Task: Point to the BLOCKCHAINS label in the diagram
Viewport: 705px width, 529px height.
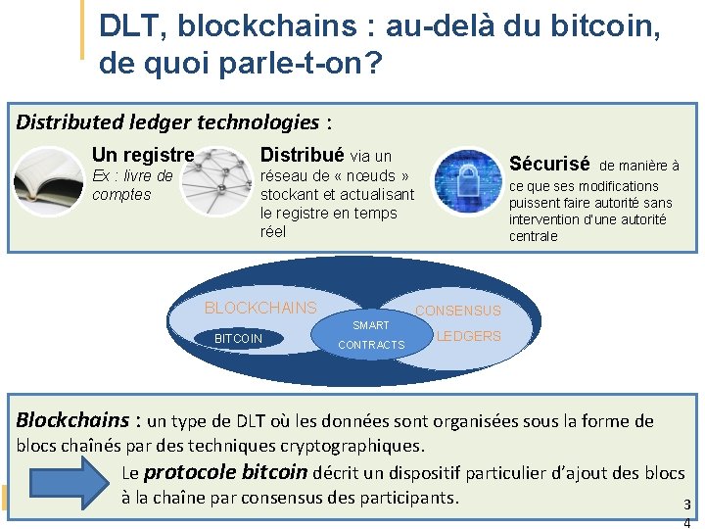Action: click(x=260, y=308)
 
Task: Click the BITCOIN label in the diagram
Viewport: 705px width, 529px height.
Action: click(x=238, y=339)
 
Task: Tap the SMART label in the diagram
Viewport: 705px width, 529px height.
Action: click(x=371, y=325)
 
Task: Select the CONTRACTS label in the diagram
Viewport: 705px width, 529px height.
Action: click(x=371, y=345)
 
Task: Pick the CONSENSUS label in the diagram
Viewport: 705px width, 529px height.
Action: click(x=458, y=312)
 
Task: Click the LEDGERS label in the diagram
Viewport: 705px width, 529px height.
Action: click(x=468, y=336)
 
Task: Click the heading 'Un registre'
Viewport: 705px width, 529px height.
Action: click(x=143, y=155)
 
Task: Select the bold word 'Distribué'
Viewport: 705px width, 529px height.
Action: click(x=302, y=155)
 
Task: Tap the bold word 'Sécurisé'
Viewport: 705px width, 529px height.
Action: click(x=549, y=164)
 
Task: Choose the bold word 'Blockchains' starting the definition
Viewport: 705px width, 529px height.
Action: click(x=72, y=420)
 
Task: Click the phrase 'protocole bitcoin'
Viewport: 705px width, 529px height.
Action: click(x=225, y=472)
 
